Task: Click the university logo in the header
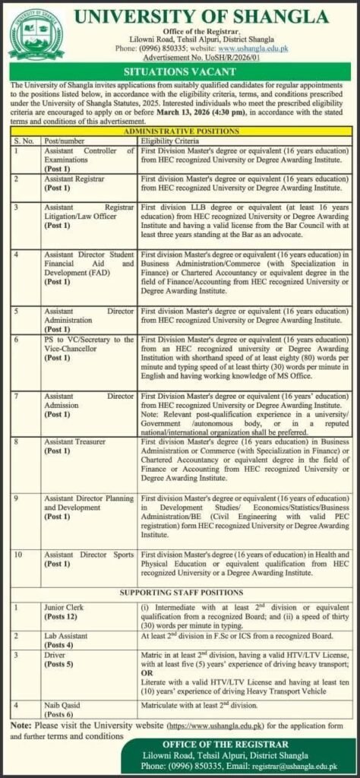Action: pos(36,34)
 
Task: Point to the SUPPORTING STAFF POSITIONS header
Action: pos(181,591)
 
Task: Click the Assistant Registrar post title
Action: pos(74,177)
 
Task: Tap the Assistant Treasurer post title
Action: pos(75,441)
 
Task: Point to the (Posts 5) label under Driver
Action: pos(59,665)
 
